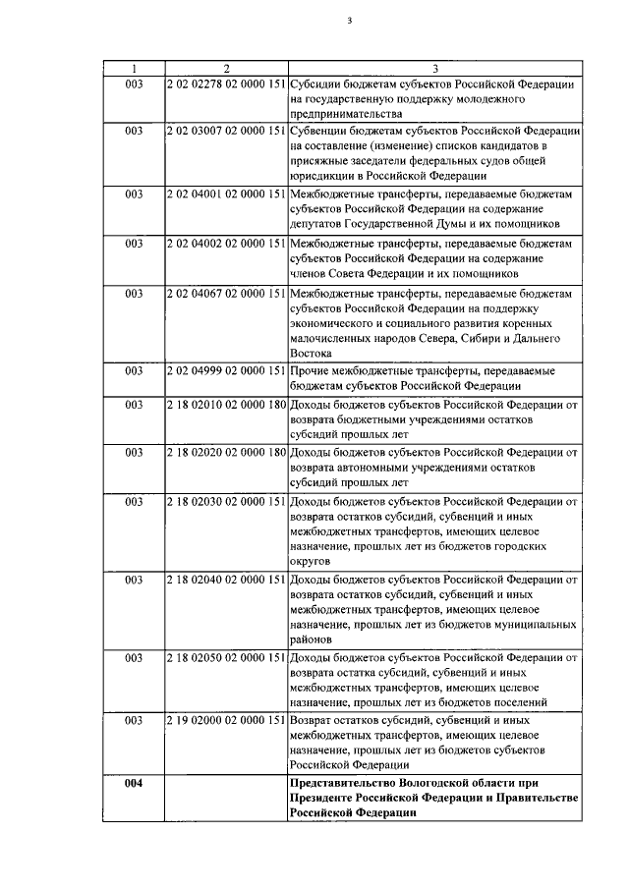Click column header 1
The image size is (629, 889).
coord(134,68)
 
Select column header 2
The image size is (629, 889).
coord(226,68)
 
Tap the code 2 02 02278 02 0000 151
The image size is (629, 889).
coord(226,84)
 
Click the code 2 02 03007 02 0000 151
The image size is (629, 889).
coord(226,131)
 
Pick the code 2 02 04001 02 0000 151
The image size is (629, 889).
coord(226,194)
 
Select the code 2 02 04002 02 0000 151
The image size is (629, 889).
coord(226,242)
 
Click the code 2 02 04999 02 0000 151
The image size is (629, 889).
coord(226,371)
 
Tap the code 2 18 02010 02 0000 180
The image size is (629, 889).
coord(226,403)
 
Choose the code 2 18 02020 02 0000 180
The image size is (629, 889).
coord(226,451)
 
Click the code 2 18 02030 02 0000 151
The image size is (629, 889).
coord(226,499)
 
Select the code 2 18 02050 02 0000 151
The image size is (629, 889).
coord(226,656)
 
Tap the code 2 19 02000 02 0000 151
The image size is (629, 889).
coord(226,720)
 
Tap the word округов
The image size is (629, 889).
coord(314,561)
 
